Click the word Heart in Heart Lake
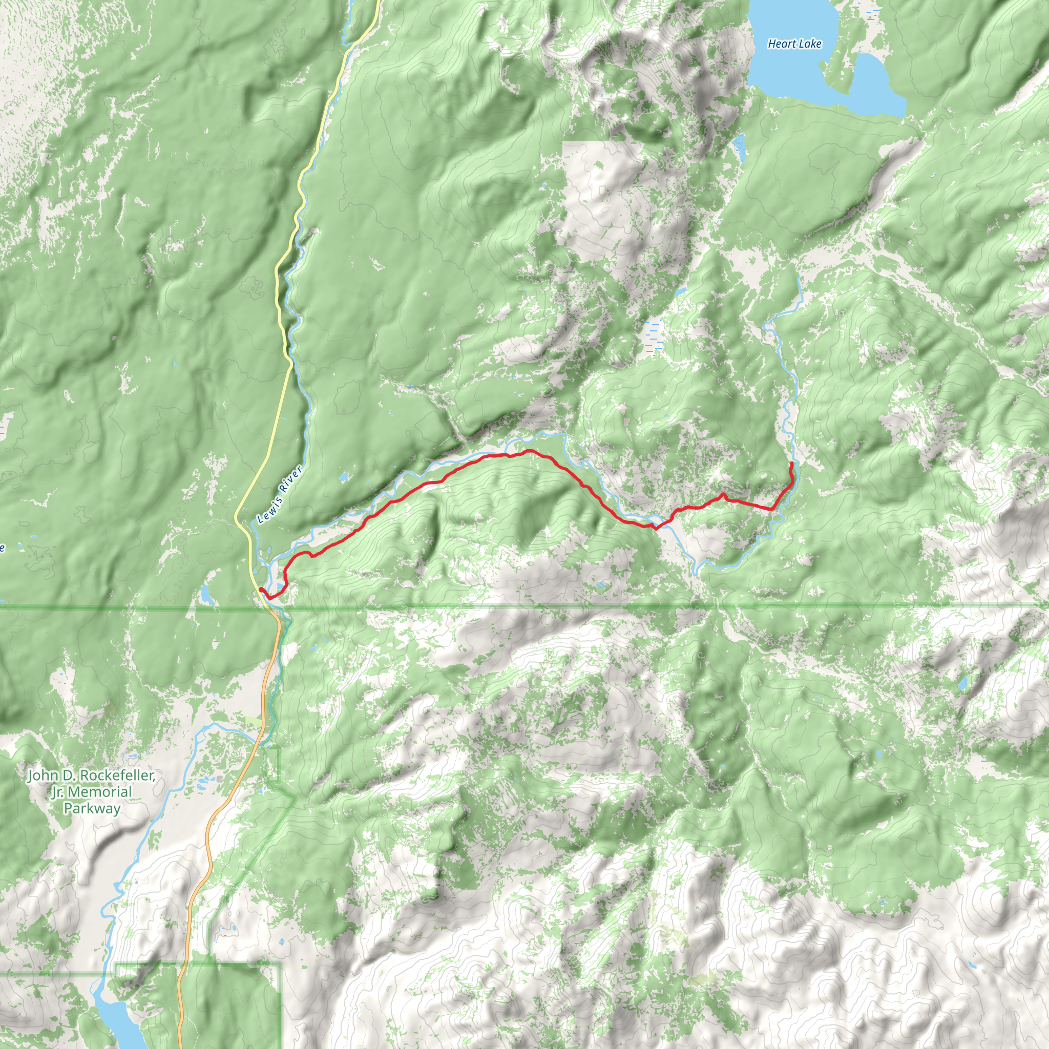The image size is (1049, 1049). click(781, 44)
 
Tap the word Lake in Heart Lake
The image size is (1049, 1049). click(810, 44)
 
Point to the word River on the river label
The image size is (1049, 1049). click(291, 477)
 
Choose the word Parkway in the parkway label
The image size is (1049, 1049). click(92, 808)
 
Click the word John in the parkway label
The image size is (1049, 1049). click(43, 775)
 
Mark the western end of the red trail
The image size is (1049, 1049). click(261, 589)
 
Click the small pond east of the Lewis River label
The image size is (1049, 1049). click(344, 478)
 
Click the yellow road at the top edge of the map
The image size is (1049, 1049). click(376, 4)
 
